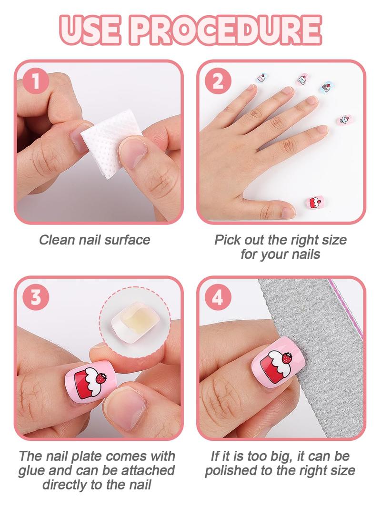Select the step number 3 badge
pyautogui.click(x=34, y=297)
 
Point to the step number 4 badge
pyautogui.click(x=218, y=297)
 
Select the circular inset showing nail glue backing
pyautogui.click(x=130, y=319)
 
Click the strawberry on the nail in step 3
pyautogui.click(x=101, y=379)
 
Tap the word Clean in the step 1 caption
pyautogui.click(x=56, y=240)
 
